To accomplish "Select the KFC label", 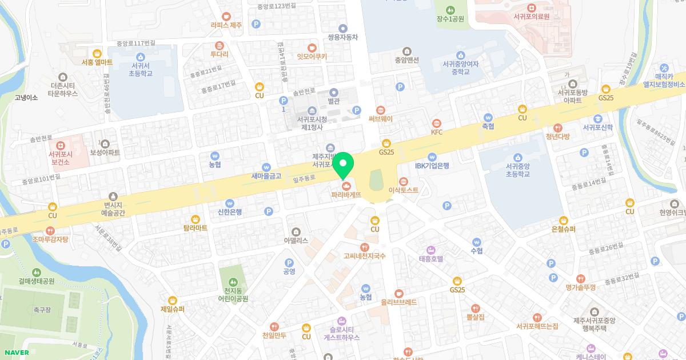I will pos(437,132).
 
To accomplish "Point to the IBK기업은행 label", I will pos(432,166).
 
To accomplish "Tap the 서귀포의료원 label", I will pos(531,17).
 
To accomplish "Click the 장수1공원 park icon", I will pos(450,9).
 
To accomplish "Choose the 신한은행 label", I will pos(229,211).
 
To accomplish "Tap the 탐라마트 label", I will pos(196,227).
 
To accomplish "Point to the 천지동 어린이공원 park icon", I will pos(233,281).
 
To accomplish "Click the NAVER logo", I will pos(15,353).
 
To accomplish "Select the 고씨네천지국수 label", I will pos(364,256).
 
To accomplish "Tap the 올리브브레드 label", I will pos(398,301).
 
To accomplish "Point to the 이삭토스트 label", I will pos(404,190).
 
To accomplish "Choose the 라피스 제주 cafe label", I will pos(226,25).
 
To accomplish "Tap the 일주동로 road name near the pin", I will pos(304,179).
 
